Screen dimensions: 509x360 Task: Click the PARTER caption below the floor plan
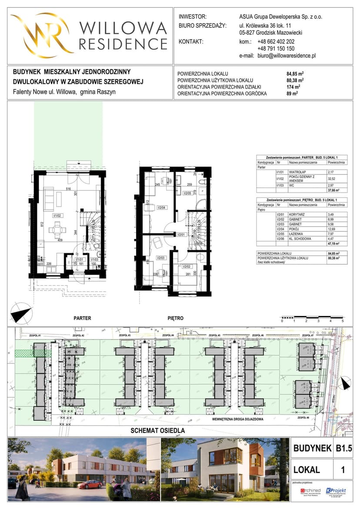point(82,318)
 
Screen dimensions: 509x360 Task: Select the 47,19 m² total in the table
point(334,244)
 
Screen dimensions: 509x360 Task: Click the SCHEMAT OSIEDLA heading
point(158,431)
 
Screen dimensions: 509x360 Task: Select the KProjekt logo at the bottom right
point(336,491)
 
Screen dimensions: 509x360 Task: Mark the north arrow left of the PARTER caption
point(21,314)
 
